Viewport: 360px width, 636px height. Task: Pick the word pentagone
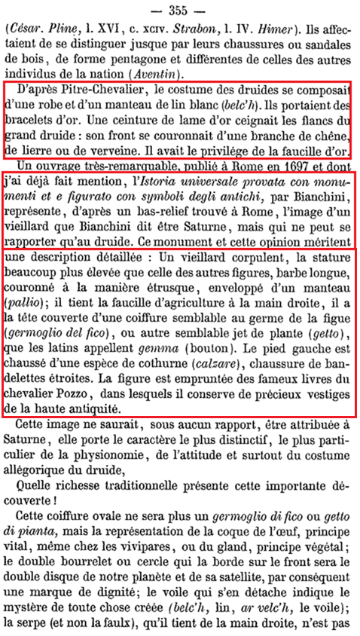(x=133, y=60)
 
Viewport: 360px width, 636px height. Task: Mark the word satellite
(x=263, y=562)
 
